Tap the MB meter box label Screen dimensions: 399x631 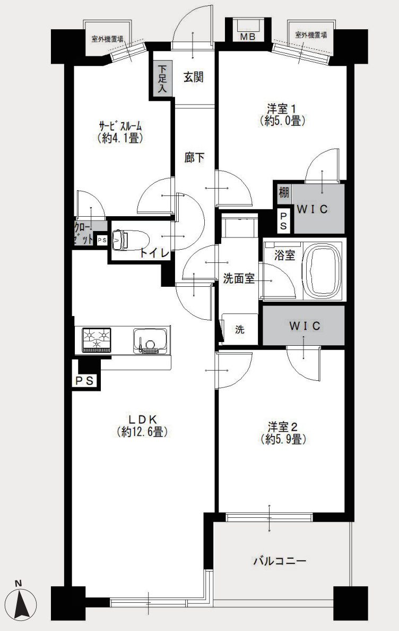[247, 37]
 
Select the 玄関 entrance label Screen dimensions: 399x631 [194, 76]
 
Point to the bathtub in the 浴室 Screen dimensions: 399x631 [323, 270]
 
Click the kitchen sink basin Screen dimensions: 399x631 [150, 341]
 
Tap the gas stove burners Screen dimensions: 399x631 [97, 340]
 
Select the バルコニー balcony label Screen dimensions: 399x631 [280, 560]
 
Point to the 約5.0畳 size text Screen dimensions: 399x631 [283, 121]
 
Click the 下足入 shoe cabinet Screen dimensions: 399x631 [162, 79]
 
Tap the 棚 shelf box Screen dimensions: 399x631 [284, 192]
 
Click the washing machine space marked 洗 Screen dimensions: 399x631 [240, 329]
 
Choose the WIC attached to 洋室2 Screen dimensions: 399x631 [304, 326]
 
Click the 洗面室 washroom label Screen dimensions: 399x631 [239, 278]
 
